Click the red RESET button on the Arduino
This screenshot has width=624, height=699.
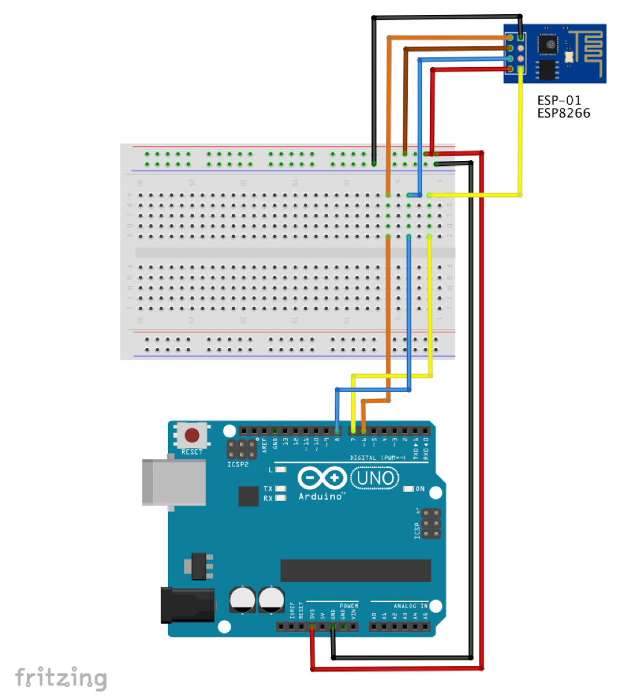(x=192, y=435)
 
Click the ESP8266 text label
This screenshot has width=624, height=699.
(x=564, y=114)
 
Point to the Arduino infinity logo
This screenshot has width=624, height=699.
(x=322, y=478)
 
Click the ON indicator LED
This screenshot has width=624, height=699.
(x=408, y=489)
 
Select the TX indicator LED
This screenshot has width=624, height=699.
(x=281, y=489)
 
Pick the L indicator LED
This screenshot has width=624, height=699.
(x=281, y=470)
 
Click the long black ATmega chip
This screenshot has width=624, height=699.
(x=356, y=570)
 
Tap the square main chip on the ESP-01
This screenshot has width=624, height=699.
(x=549, y=43)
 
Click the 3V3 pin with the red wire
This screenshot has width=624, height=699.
(x=312, y=627)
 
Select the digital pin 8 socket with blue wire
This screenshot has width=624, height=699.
(x=337, y=430)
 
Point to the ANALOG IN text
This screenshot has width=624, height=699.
(x=410, y=605)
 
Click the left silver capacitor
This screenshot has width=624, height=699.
(x=241, y=599)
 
